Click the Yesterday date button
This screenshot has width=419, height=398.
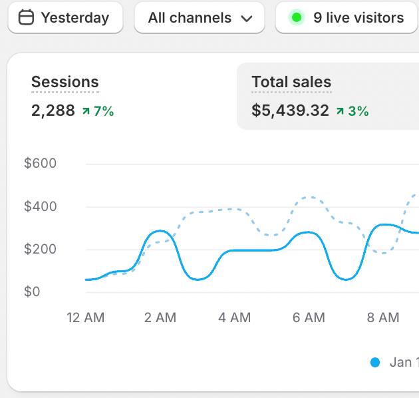tap(65, 18)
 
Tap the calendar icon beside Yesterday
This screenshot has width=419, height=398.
tap(26, 18)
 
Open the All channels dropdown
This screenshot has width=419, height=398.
tap(199, 18)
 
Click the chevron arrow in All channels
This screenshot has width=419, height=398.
tap(247, 19)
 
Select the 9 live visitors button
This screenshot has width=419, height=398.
tap(347, 18)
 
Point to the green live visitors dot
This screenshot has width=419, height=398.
tap(297, 18)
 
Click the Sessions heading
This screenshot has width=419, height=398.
tap(65, 83)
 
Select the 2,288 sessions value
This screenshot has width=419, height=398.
tap(53, 111)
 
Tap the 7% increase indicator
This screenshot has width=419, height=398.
tap(98, 111)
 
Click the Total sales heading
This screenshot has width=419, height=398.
tap(291, 83)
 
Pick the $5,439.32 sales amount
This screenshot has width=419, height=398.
tap(291, 111)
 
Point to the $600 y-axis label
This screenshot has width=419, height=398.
tap(41, 164)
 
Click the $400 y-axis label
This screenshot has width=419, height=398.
tap(41, 207)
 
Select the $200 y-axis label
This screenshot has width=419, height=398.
tap(41, 250)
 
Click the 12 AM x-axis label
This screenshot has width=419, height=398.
tap(86, 318)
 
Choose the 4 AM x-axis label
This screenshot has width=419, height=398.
tap(235, 318)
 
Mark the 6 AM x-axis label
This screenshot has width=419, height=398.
tap(309, 318)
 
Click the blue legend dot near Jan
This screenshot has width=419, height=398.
tap(375, 363)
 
